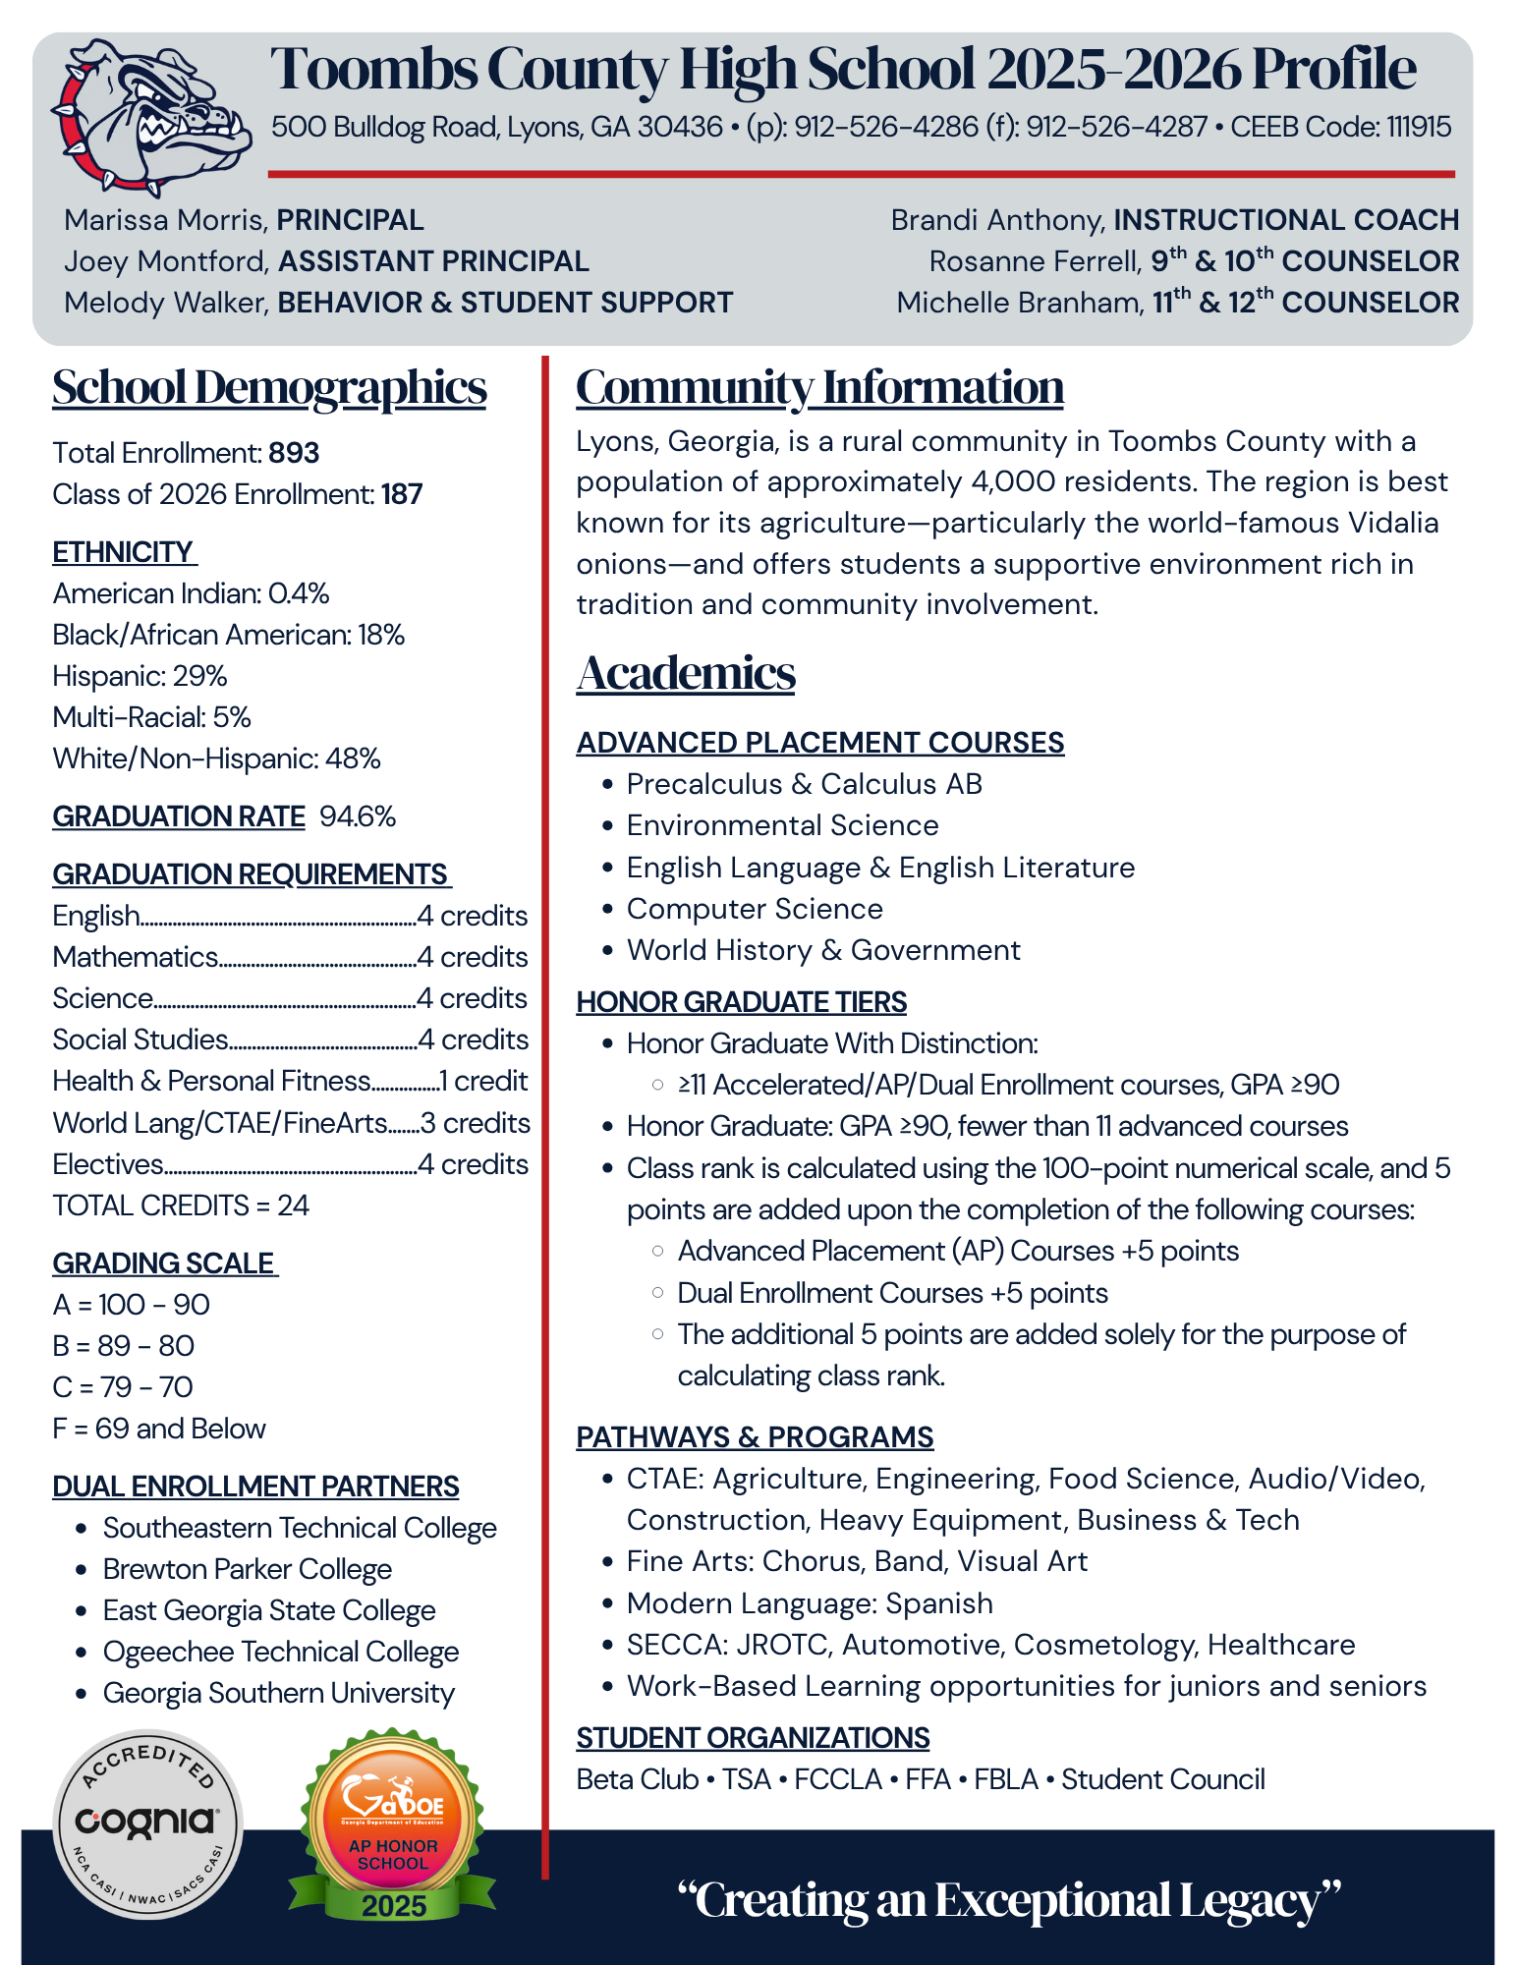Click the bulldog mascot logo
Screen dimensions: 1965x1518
point(153,116)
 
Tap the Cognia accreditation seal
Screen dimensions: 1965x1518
point(147,1824)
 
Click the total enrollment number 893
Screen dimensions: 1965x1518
point(294,453)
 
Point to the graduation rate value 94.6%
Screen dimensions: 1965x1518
point(358,816)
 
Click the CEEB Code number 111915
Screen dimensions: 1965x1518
point(1419,127)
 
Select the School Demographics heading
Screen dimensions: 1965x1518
point(269,387)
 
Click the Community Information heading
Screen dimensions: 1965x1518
point(819,387)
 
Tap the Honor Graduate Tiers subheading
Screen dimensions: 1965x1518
point(741,1002)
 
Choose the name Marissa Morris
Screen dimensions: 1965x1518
point(166,220)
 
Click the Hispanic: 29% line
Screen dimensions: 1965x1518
point(140,676)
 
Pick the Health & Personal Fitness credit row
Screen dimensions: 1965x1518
point(290,1081)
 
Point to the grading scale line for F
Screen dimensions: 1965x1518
point(159,1429)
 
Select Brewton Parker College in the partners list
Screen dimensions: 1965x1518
point(248,1569)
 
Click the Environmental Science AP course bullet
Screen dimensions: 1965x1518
point(782,825)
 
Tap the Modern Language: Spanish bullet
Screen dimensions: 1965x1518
point(810,1603)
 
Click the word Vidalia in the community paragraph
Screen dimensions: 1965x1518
point(1392,523)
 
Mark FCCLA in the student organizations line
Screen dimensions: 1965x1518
point(838,1779)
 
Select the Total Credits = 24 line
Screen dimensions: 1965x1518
point(181,1206)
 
